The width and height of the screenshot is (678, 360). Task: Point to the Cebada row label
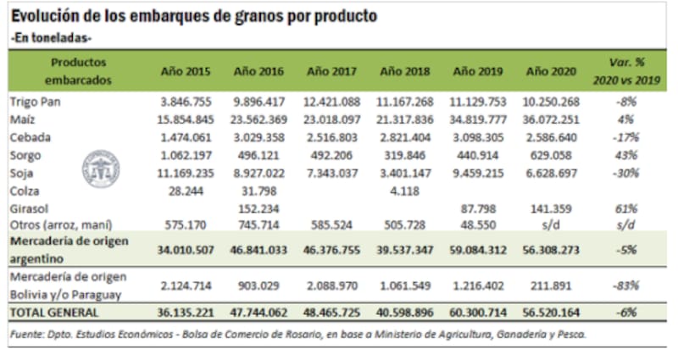31,140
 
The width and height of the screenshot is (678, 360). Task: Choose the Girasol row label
31,207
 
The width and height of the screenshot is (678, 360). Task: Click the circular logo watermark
103,167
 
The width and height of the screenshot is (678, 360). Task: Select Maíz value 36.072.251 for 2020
549,121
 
